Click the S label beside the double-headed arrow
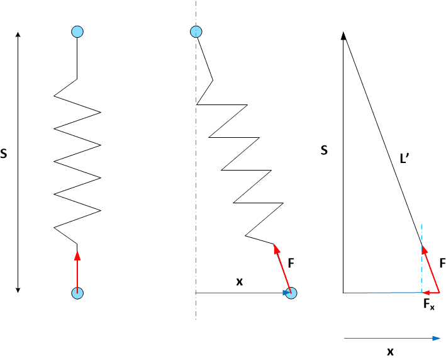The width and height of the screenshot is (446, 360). coord(4,154)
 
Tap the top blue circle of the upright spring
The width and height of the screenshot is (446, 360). coord(77,31)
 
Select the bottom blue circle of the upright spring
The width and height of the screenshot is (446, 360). coord(77,293)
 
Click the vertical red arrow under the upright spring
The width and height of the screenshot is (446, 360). coord(77,271)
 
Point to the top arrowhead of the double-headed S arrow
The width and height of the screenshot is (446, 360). coord(18,35)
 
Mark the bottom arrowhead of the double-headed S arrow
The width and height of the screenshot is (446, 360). coord(18,290)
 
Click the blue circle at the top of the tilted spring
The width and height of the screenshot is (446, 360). coord(196,31)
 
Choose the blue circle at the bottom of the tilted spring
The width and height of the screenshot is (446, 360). coord(291,293)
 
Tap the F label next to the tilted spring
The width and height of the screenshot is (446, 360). coord(291,263)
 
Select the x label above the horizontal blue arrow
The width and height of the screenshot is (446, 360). coord(240,282)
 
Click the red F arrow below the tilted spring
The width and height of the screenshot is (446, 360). coord(282,268)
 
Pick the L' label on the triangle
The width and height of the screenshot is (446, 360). coord(404,159)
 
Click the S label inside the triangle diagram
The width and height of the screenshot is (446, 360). coord(324,150)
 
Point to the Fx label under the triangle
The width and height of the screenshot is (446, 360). coord(428,304)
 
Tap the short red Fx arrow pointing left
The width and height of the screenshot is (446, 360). coord(431,293)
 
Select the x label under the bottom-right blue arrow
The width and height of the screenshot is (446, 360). coord(390,352)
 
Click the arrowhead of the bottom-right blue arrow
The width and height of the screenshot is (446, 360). coord(437,339)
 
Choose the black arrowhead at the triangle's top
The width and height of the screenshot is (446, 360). coord(343,36)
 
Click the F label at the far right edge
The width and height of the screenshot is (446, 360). coord(443,263)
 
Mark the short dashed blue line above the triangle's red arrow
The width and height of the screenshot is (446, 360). coord(422,234)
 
